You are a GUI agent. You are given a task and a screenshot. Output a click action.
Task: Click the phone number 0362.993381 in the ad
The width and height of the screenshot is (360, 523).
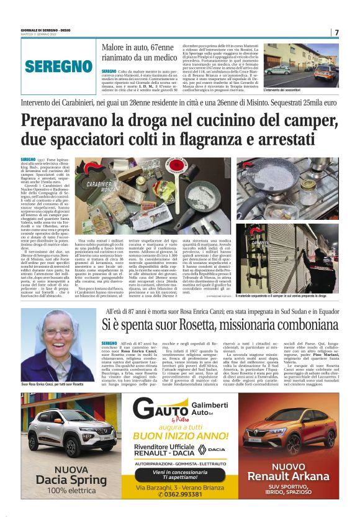coord(180,494)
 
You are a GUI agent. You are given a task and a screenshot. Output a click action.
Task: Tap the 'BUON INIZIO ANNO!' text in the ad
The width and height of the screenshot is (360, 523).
coord(179,437)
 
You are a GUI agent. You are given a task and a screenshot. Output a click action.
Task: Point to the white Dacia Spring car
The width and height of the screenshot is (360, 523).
coord(60,430)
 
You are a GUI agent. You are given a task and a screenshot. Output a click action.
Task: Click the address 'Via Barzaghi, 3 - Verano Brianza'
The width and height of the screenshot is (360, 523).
coord(179,487)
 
